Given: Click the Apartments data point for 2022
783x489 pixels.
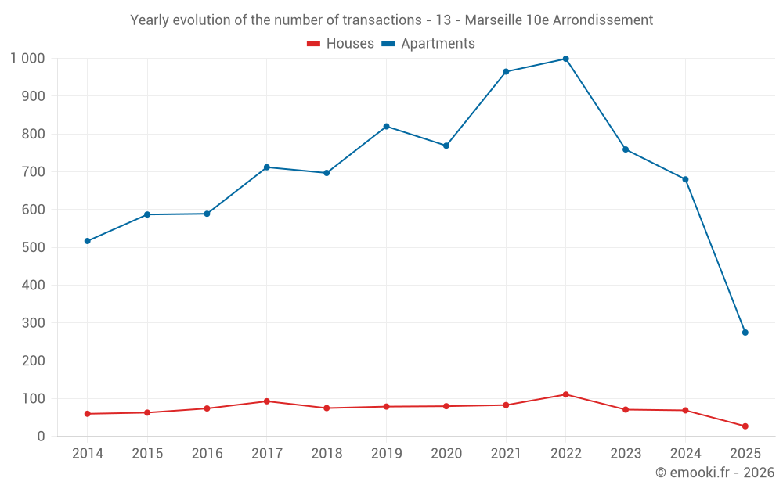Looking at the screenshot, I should click(x=565, y=59).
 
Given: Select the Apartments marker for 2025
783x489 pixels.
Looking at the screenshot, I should click(x=745, y=333).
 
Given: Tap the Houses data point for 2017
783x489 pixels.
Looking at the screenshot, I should click(x=267, y=401).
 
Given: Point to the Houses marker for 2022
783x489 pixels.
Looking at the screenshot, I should click(x=565, y=394).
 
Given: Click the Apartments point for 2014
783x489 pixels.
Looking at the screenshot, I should click(x=88, y=241).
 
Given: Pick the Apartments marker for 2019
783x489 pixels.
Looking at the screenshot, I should click(x=387, y=127).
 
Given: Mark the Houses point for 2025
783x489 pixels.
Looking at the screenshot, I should click(x=745, y=426).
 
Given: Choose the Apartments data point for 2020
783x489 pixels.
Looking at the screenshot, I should click(x=446, y=146).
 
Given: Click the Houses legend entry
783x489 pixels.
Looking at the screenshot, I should click(x=341, y=44).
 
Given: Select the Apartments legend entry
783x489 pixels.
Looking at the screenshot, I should click(x=428, y=44).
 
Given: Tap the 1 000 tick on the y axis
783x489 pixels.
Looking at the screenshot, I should click(x=28, y=59).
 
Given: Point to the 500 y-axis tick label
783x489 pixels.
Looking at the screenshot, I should click(x=33, y=247).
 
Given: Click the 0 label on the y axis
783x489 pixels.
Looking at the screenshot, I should click(x=41, y=437).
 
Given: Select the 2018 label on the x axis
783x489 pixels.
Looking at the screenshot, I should click(x=327, y=454).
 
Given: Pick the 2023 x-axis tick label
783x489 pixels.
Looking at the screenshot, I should click(x=626, y=454).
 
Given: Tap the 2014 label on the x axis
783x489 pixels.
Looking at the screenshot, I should click(x=88, y=454).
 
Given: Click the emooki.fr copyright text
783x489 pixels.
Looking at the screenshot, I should click(x=715, y=473).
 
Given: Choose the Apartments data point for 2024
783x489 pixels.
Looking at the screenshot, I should click(x=685, y=180).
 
